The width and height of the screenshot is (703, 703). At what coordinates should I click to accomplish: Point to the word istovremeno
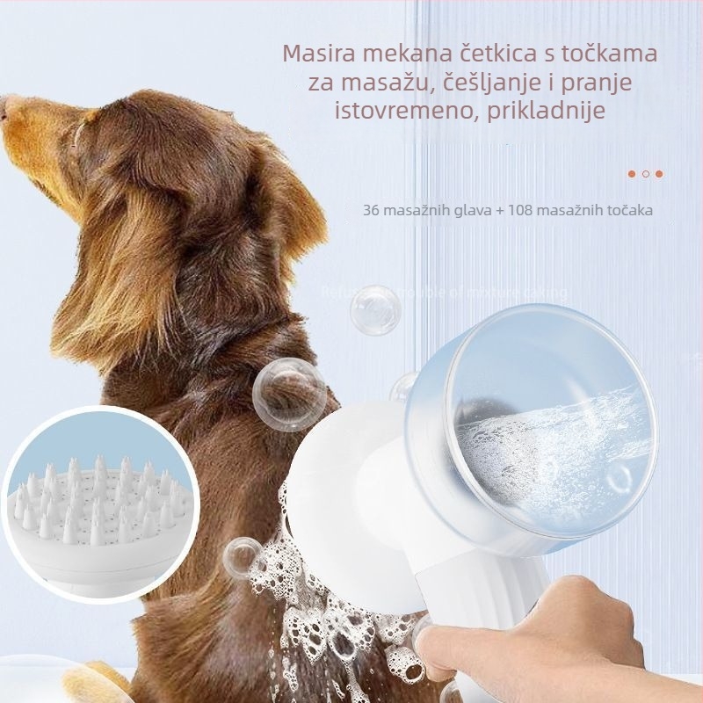[x=408, y=112]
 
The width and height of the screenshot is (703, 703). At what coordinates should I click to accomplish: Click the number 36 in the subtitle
[x=370, y=211]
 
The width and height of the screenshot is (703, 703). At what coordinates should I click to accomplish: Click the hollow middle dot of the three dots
[x=646, y=174]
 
